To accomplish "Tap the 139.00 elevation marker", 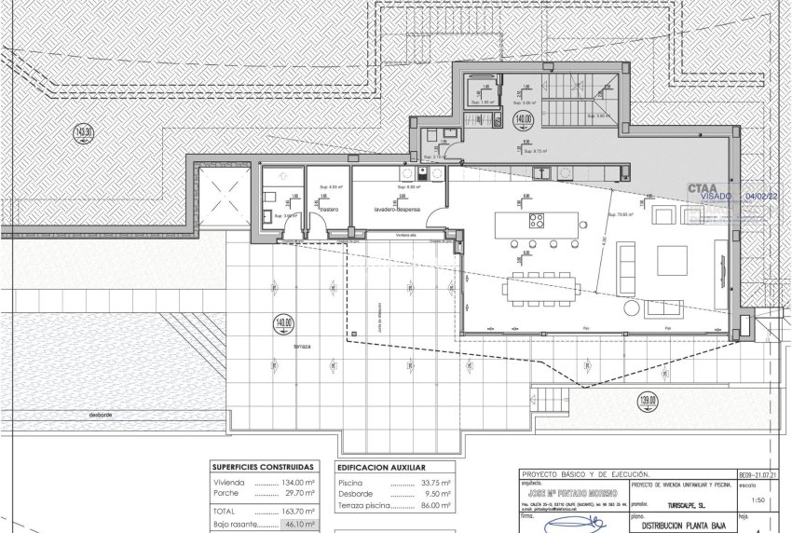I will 648,403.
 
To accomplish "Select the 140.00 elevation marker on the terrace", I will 283,325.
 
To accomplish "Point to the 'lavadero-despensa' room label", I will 394,211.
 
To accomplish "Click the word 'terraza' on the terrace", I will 299,346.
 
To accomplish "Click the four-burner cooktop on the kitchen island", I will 538,221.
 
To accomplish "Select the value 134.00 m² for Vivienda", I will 295,483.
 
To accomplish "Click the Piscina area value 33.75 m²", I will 433,483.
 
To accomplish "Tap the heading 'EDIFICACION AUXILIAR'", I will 381,468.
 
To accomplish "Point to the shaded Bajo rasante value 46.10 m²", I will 298,525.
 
